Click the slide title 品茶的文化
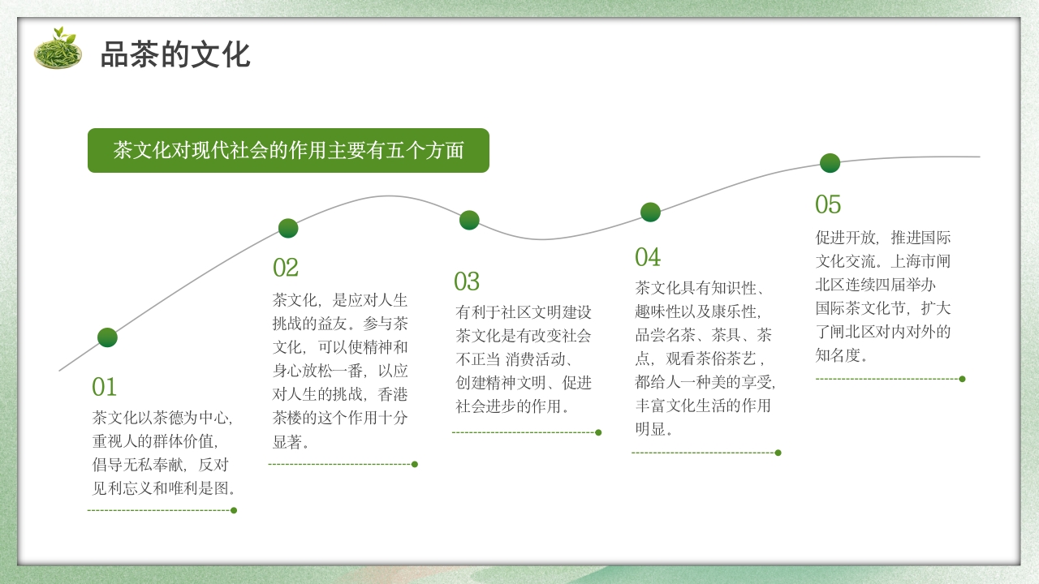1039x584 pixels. point(175,54)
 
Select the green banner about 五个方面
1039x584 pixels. point(288,151)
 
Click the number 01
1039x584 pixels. point(105,387)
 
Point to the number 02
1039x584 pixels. point(286,268)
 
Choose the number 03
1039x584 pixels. point(467,282)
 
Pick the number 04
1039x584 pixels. point(648,258)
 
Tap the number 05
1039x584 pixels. point(828,204)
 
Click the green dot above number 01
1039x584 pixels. point(107,337)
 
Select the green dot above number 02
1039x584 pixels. point(288,228)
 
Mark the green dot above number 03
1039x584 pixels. point(469,220)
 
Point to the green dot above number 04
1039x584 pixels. point(650,212)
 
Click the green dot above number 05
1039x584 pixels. point(830,163)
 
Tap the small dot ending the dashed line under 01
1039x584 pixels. point(234,510)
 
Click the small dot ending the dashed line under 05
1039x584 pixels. point(962,379)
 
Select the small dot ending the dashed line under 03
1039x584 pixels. point(598,432)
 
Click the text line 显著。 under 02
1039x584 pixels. point(291,443)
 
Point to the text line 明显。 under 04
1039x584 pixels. point(654,428)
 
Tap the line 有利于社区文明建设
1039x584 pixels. point(524,311)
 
